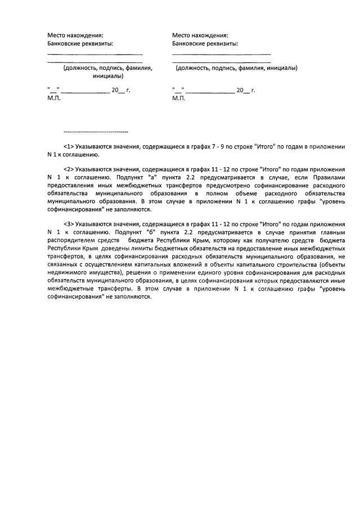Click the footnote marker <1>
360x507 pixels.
(71, 146)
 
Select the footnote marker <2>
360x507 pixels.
(71, 169)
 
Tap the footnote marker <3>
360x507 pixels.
(71, 223)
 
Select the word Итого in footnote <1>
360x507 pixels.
(264, 146)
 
